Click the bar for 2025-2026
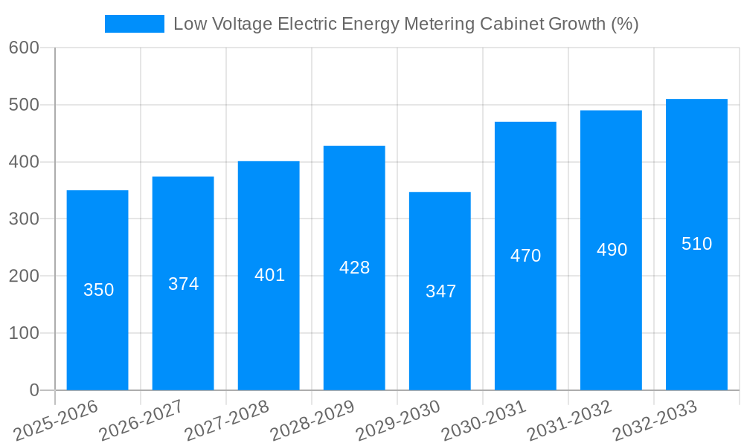[97, 290]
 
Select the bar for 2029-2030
[440, 291]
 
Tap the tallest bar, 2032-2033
[696, 244]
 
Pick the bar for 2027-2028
[269, 275]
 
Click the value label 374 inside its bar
[183, 284]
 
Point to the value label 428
[354, 268]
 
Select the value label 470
[525, 256]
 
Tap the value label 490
[612, 250]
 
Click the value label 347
[440, 291]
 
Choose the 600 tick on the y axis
[24, 48]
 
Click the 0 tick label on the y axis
[34, 390]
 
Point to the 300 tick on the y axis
[24, 219]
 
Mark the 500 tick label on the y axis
[24, 105]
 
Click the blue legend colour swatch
[135, 24]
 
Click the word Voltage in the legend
[243, 24]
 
